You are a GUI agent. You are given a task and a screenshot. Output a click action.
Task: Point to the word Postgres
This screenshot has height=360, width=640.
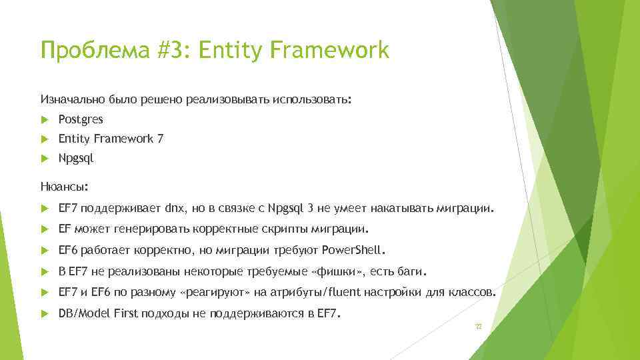(81, 120)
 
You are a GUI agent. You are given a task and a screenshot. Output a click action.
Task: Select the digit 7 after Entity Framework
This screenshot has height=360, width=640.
(160, 139)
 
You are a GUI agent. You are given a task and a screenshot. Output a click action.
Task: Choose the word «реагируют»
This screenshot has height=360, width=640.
(215, 293)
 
